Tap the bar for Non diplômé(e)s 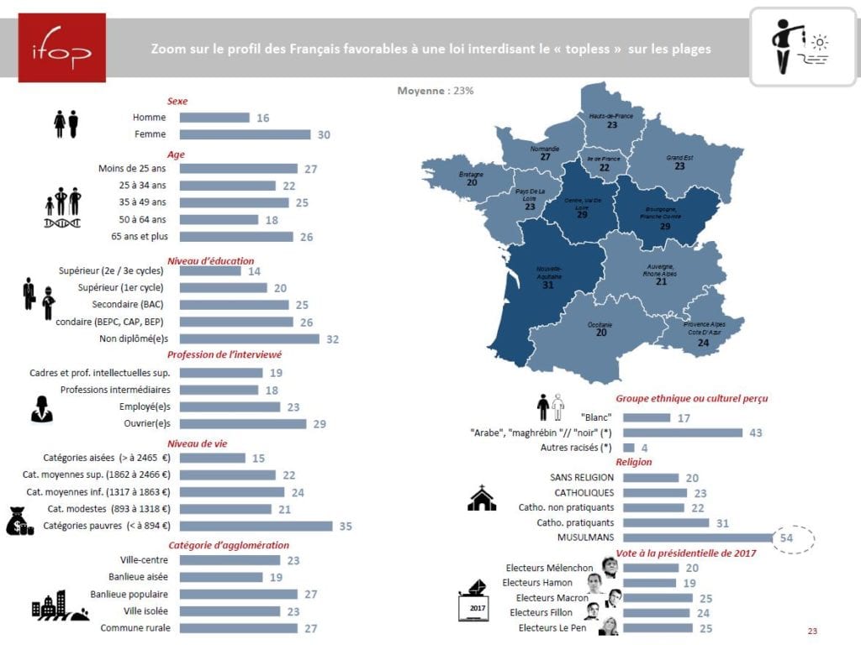pos(250,339)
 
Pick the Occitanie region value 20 pos(600,333)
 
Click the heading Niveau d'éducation pos(210,260)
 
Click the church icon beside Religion pos(482,499)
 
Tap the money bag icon pos(21,522)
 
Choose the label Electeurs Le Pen pos(552,627)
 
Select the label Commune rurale pos(135,628)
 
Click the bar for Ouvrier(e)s pos(243,424)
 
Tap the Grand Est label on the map pos(679,158)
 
